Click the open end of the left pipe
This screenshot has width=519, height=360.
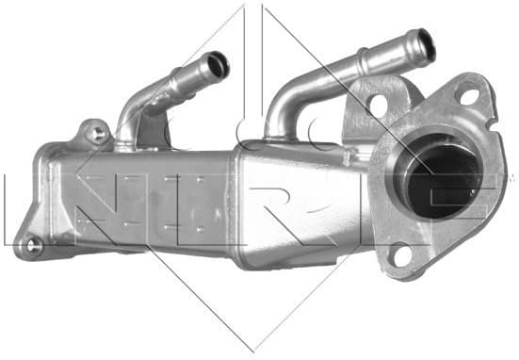219,65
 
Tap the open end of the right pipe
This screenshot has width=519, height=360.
426,43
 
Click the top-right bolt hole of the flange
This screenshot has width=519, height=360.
468,95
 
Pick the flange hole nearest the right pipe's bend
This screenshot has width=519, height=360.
377,105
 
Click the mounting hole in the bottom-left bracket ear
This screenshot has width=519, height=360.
35,245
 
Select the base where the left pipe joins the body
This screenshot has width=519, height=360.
130,139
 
